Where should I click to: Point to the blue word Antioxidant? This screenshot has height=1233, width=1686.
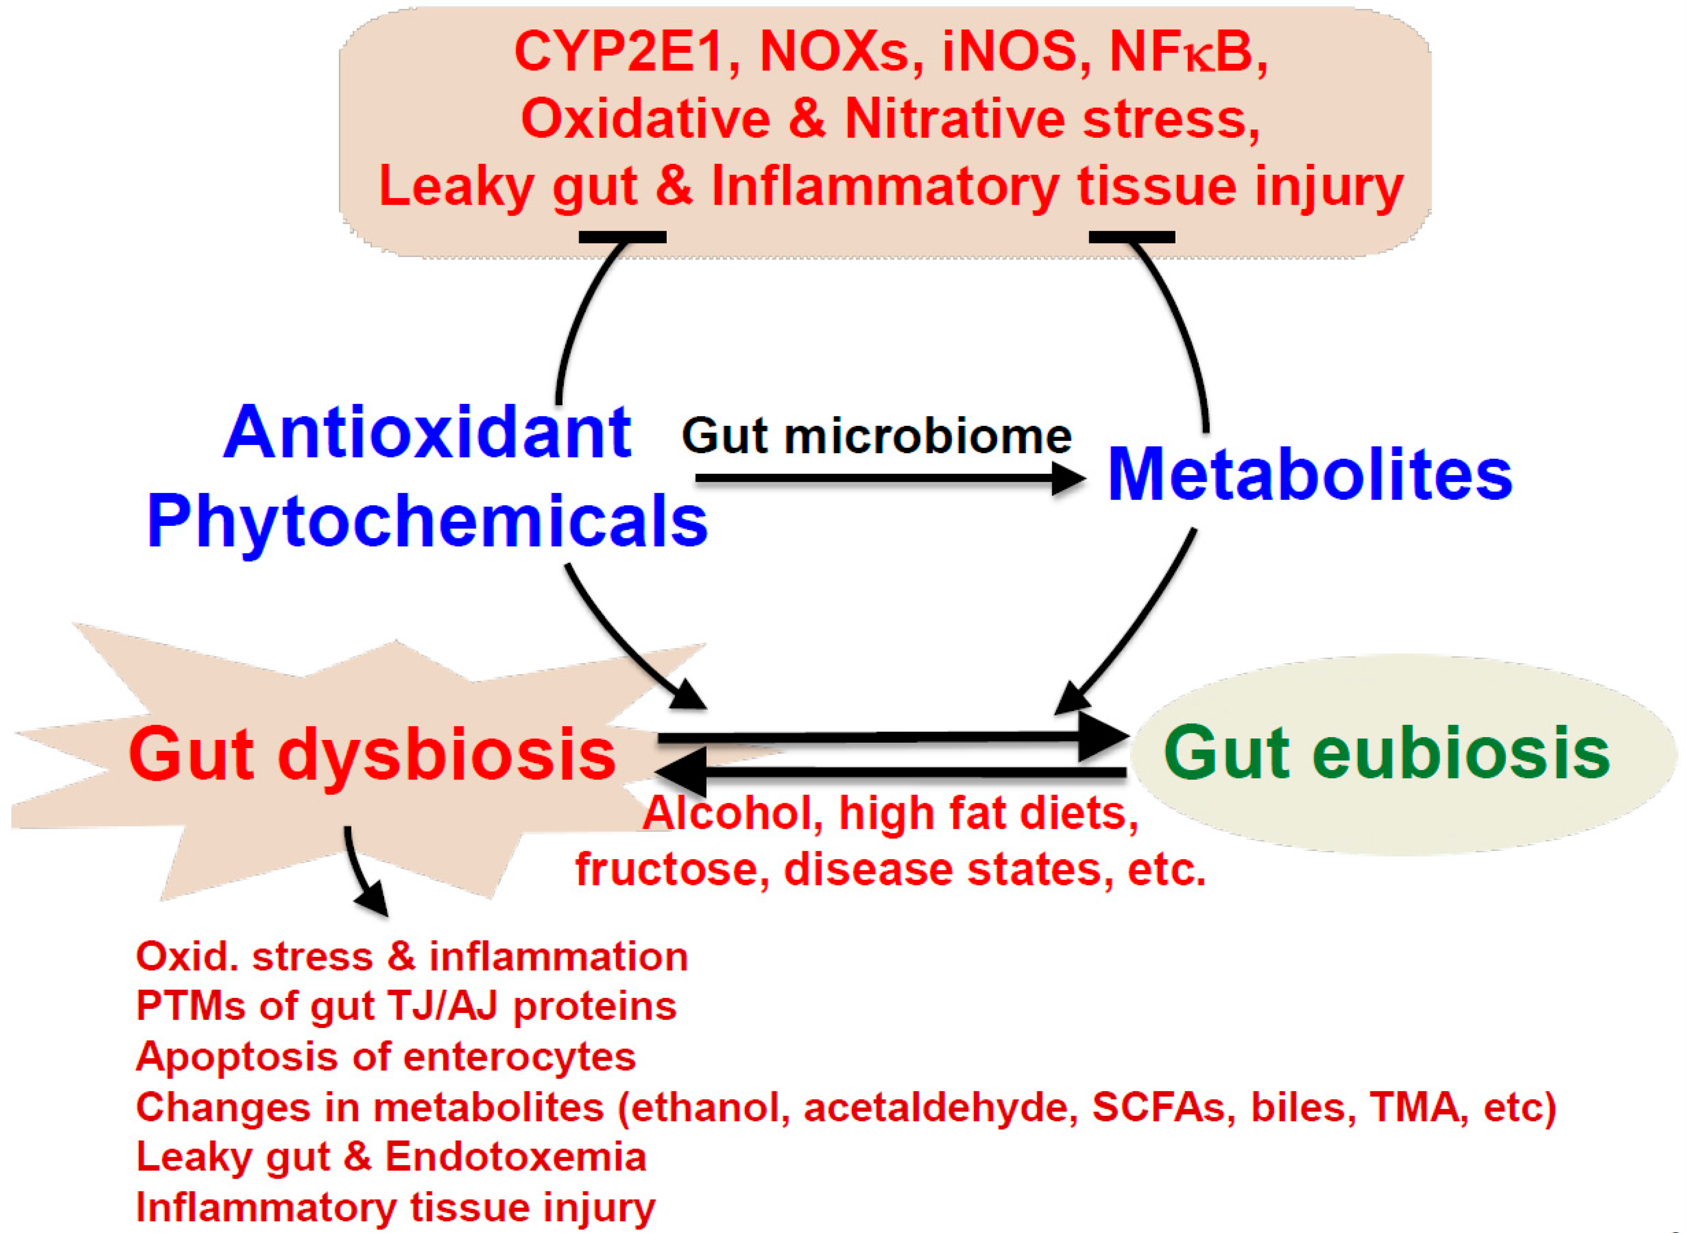pos(427,433)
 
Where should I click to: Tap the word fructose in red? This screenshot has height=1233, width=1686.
pos(672,869)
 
